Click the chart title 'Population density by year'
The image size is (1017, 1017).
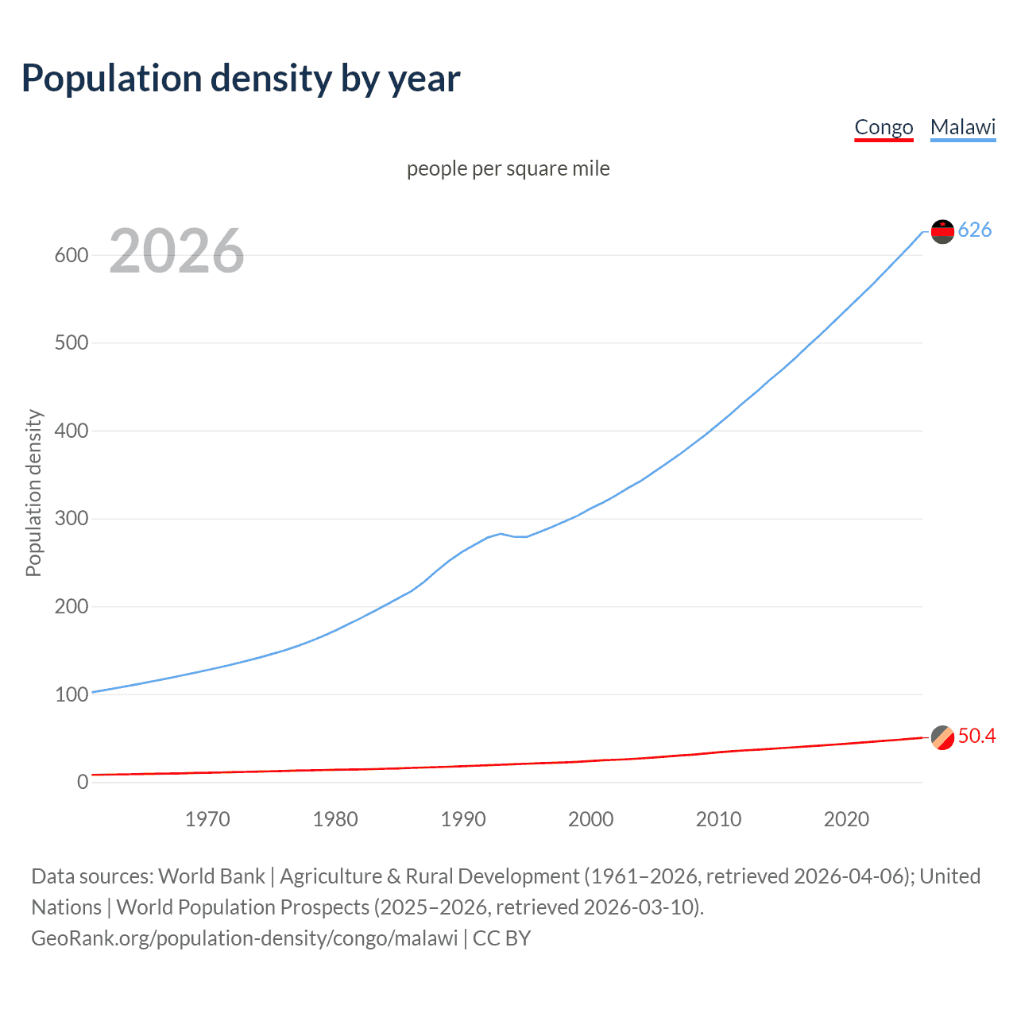(241, 78)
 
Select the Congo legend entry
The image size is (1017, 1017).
(884, 127)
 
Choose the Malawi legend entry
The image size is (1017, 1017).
(962, 127)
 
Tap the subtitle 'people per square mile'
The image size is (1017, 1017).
(508, 168)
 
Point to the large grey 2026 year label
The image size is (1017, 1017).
(176, 251)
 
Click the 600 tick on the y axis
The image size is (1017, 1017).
(71, 255)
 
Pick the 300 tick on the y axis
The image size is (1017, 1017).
(71, 519)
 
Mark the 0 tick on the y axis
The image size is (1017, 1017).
(83, 782)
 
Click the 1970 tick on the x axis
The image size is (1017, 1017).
(207, 819)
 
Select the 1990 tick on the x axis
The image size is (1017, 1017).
(463, 819)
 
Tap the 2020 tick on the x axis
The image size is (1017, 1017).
(846, 819)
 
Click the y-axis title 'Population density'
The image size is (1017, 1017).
(33, 493)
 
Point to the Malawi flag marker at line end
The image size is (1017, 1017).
(942, 231)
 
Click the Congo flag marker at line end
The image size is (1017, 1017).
(942, 737)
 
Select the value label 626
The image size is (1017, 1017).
(975, 230)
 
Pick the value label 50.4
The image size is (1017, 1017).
(976, 737)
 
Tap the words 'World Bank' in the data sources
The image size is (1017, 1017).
(211, 876)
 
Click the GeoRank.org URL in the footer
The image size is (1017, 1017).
(244, 938)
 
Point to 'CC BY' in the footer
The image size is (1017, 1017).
(501, 938)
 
